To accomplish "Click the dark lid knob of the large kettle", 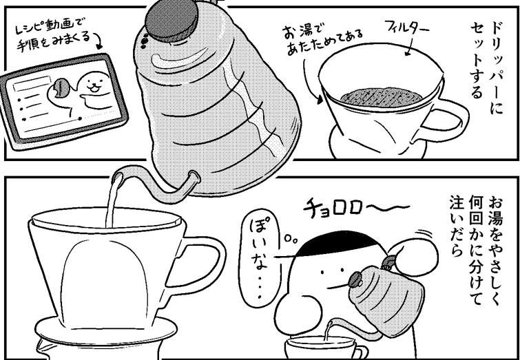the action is [x=171, y=20].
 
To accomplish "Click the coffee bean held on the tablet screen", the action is [x=61, y=88].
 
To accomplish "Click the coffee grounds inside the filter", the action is [x=382, y=97].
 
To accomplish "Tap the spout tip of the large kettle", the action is [x=118, y=177].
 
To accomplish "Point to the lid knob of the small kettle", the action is [x=356, y=279].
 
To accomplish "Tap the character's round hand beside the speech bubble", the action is [x=298, y=311].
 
